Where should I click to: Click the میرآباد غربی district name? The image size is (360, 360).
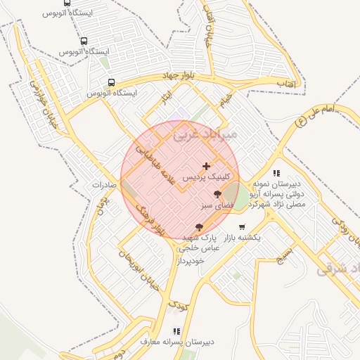point(214,133)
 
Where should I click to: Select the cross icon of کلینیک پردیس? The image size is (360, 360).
point(206,166)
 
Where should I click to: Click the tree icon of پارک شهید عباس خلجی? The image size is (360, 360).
point(200,227)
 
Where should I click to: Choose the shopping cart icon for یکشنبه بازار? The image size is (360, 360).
point(243,227)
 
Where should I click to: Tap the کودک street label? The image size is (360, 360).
point(179,304)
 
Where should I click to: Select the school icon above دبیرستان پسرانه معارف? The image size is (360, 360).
point(176,330)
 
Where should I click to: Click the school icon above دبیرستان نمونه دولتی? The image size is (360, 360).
point(277,172)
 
